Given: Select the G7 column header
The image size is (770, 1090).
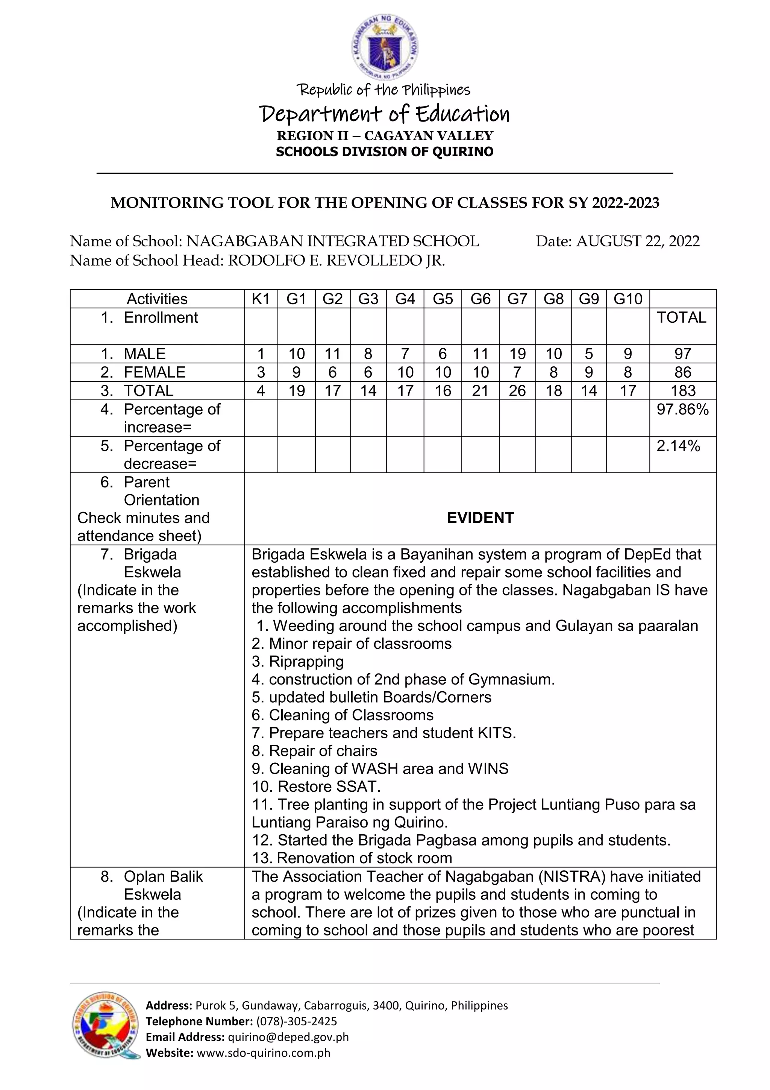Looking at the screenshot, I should click(x=517, y=299).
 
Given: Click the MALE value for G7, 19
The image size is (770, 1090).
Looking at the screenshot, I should click(x=517, y=354).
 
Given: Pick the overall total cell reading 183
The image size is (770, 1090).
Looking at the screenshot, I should click(x=683, y=391).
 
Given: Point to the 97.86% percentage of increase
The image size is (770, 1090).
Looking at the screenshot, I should click(x=682, y=409).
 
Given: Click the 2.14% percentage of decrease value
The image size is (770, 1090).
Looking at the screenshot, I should click(x=678, y=446).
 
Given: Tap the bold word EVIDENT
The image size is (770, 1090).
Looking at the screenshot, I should click(x=480, y=518).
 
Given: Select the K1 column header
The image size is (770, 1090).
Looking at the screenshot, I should click(x=261, y=299).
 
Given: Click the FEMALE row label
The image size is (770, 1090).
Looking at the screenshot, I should click(x=154, y=372).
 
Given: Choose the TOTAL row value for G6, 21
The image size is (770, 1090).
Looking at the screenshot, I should click(x=480, y=391).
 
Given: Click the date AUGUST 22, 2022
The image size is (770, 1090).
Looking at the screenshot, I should click(x=638, y=241).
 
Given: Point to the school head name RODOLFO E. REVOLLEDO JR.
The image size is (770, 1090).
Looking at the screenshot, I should click(x=336, y=261).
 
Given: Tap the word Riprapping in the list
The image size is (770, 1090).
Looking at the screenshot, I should click(x=306, y=661).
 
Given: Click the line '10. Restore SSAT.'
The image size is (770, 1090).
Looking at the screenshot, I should click(x=316, y=786).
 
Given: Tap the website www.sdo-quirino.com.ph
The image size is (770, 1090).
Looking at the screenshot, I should click(x=263, y=1052).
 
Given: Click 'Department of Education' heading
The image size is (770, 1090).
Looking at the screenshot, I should click(x=384, y=114).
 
